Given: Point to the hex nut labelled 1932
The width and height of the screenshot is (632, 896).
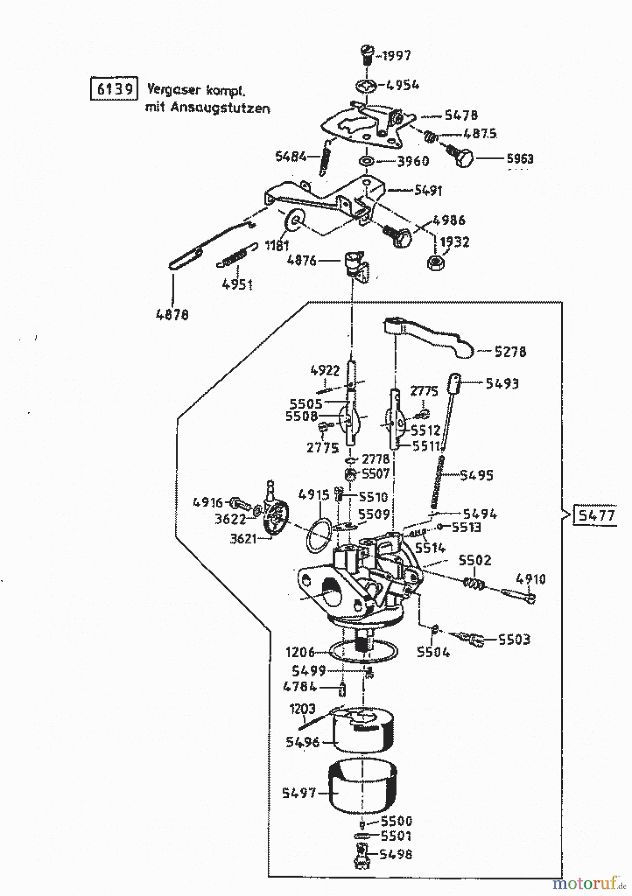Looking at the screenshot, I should click(x=436, y=262).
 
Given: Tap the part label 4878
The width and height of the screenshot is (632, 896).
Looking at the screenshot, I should click(x=172, y=315).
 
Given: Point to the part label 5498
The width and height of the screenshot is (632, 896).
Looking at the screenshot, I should click(x=395, y=854).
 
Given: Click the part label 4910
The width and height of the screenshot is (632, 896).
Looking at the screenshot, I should click(x=530, y=579).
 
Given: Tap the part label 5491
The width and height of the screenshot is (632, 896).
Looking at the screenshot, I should click(x=428, y=191).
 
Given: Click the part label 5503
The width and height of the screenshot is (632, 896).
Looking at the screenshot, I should click(x=514, y=639).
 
